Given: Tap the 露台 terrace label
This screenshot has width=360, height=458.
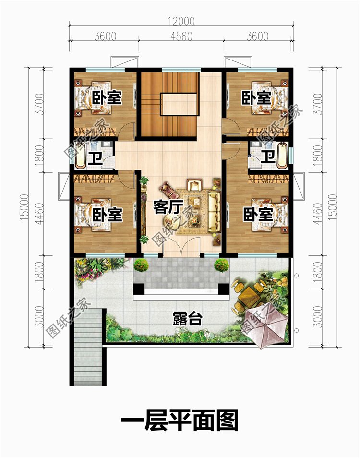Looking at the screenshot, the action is click(188, 318).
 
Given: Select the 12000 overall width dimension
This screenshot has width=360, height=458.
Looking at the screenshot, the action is click(181, 21).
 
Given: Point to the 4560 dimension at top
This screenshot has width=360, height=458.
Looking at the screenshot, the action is click(181, 36).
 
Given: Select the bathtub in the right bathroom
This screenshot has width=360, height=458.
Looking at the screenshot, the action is click(282, 155).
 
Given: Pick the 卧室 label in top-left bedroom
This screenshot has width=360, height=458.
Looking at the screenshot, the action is click(107, 97).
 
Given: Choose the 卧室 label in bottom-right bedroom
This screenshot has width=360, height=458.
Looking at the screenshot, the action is click(258, 215).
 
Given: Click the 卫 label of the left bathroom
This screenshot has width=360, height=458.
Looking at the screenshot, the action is click(96, 158).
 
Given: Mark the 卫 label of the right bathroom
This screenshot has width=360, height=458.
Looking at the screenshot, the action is click(268, 157).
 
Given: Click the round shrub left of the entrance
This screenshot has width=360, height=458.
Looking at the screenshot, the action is click(141, 265).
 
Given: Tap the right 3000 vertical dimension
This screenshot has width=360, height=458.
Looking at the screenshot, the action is click(319, 317).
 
